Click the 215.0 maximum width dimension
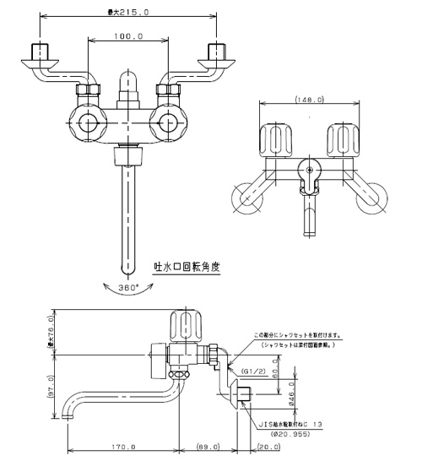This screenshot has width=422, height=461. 127,13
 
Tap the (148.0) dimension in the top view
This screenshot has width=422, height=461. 310,99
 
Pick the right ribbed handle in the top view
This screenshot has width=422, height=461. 346,138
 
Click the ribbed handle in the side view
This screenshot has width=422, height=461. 186,325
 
